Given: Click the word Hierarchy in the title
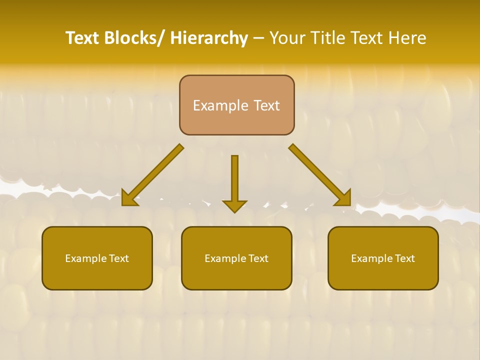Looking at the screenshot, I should tap(209, 38).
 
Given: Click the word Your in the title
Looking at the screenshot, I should tap(287, 38).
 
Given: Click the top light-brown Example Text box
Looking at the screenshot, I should tap(236, 105).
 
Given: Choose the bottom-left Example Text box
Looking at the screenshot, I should tap(97, 258).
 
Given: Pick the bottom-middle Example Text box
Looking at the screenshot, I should tap(236, 258).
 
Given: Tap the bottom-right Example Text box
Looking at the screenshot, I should tap(383, 258).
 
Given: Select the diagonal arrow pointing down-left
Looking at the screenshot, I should tap(152, 175).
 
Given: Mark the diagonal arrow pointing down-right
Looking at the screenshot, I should tap(320, 175).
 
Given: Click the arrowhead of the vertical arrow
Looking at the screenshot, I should tap(234, 206).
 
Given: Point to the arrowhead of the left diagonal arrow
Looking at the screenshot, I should tap(129, 198).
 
